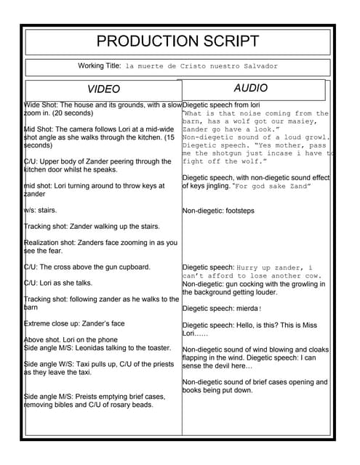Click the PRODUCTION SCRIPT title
(x=177, y=41)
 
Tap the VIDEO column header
(x=104, y=89)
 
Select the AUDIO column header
(x=250, y=88)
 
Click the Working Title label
(x=100, y=66)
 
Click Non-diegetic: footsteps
(x=219, y=211)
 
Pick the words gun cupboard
(x=127, y=267)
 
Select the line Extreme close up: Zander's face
(x=75, y=323)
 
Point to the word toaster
(x=158, y=348)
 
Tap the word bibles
(x=72, y=405)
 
